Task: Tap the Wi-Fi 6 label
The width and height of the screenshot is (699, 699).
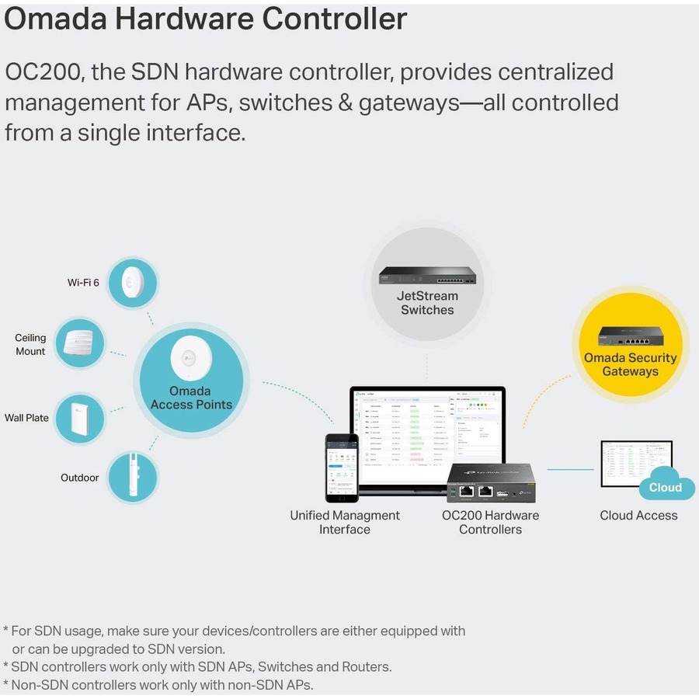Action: (x=83, y=283)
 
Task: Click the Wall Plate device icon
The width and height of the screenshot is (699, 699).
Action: (x=81, y=417)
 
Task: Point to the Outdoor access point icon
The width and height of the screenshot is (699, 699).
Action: (x=130, y=476)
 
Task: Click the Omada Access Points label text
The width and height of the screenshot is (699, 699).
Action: (x=191, y=398)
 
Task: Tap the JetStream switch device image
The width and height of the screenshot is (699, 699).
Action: (x=427, y=274)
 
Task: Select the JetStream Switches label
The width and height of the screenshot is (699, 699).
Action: (x=427, y=303)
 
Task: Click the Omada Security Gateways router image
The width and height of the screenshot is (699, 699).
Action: (x=630, y=336)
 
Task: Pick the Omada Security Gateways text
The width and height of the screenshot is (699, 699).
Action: (x=630, y=364)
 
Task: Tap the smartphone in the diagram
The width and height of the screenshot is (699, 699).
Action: (x=342, y=468)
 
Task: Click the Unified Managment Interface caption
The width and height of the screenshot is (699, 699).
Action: (x=345, y=522)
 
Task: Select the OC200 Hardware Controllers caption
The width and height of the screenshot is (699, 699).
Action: (x=490, y=522)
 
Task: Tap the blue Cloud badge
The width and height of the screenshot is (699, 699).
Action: (x=666, y=487)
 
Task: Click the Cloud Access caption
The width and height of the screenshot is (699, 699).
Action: (x=638, y=515)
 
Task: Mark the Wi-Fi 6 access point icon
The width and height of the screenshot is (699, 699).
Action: (x=130, y=282)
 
